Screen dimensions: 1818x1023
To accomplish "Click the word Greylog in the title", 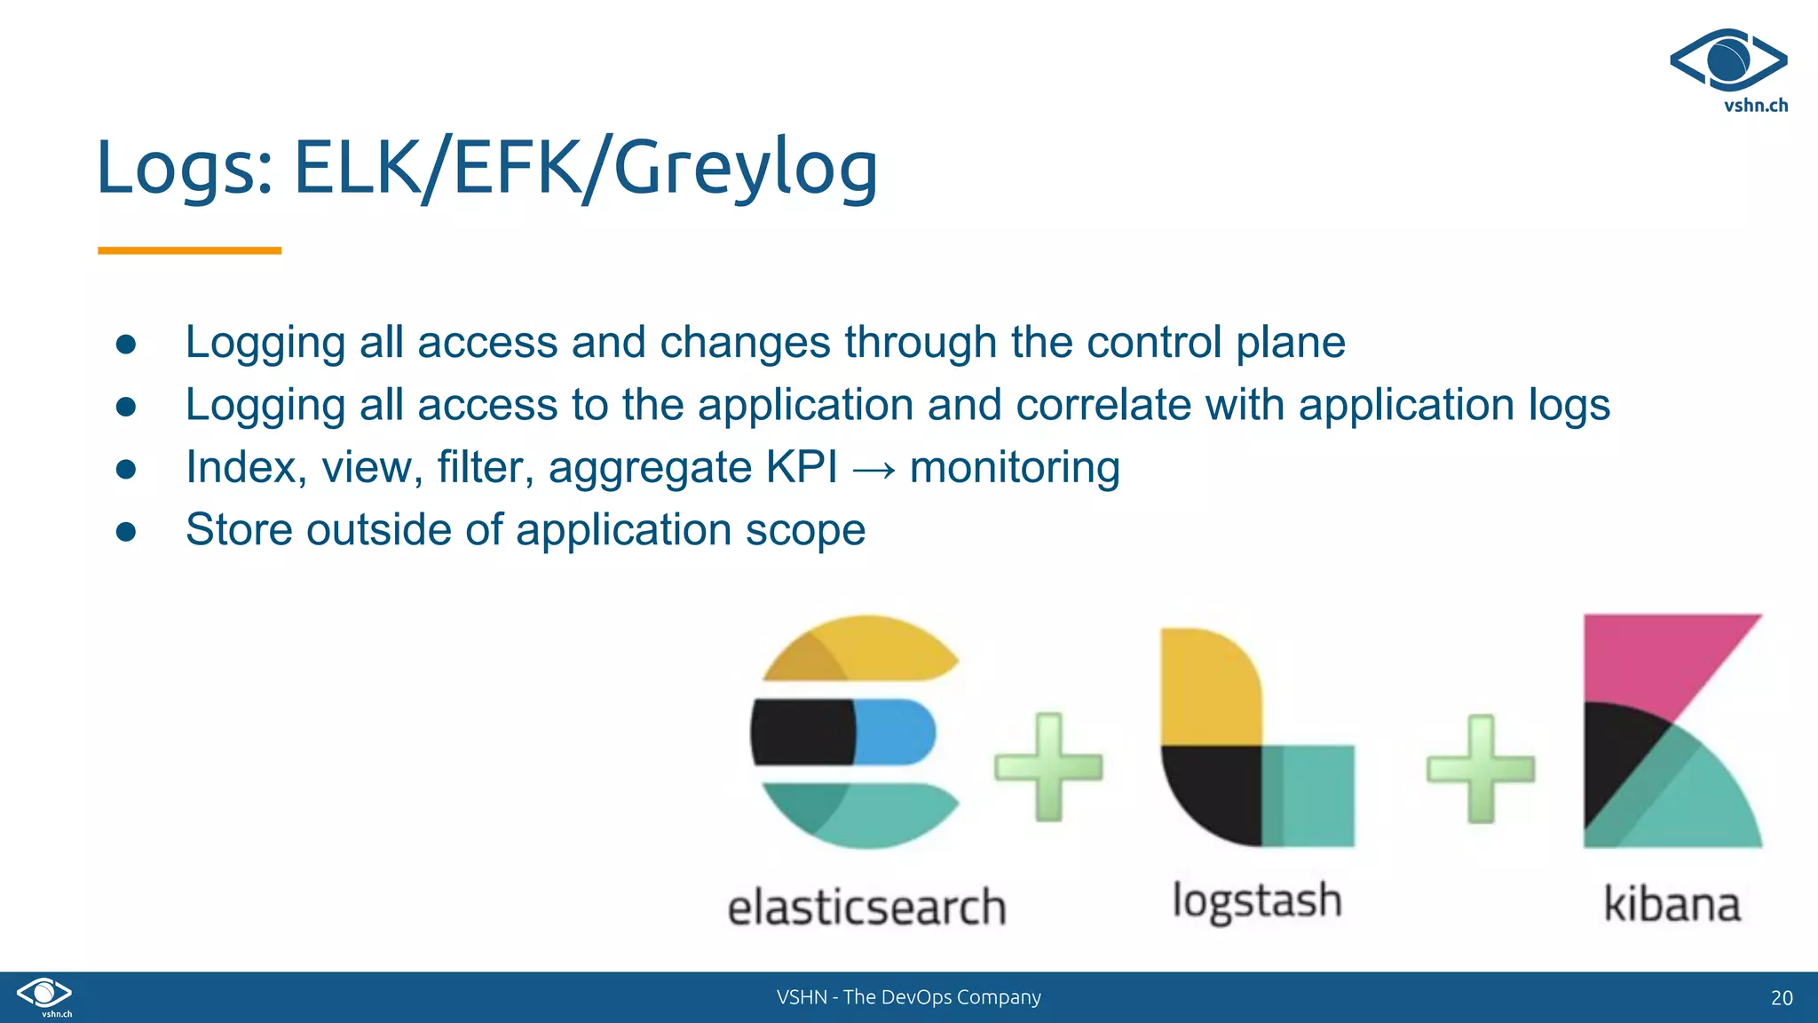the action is (x=746, y=169).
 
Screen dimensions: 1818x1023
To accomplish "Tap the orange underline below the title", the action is (x=189, y=250).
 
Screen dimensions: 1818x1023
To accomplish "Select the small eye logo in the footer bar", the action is (x=44, y=994).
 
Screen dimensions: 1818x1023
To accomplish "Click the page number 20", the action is (x=1781, y=997).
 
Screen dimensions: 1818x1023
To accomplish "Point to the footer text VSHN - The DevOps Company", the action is (x=908, y=997).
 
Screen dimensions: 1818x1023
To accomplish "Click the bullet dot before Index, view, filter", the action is (x=126, y=469).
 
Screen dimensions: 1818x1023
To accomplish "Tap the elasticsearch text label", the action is (x=866, y=908).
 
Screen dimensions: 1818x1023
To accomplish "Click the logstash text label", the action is (x=1256, y=901).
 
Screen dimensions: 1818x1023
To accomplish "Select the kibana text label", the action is (x=1672, y=905).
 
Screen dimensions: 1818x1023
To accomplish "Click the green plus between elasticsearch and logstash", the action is (x=1048, y=766).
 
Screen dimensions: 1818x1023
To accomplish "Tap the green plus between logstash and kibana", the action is (x=1480, y=768).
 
